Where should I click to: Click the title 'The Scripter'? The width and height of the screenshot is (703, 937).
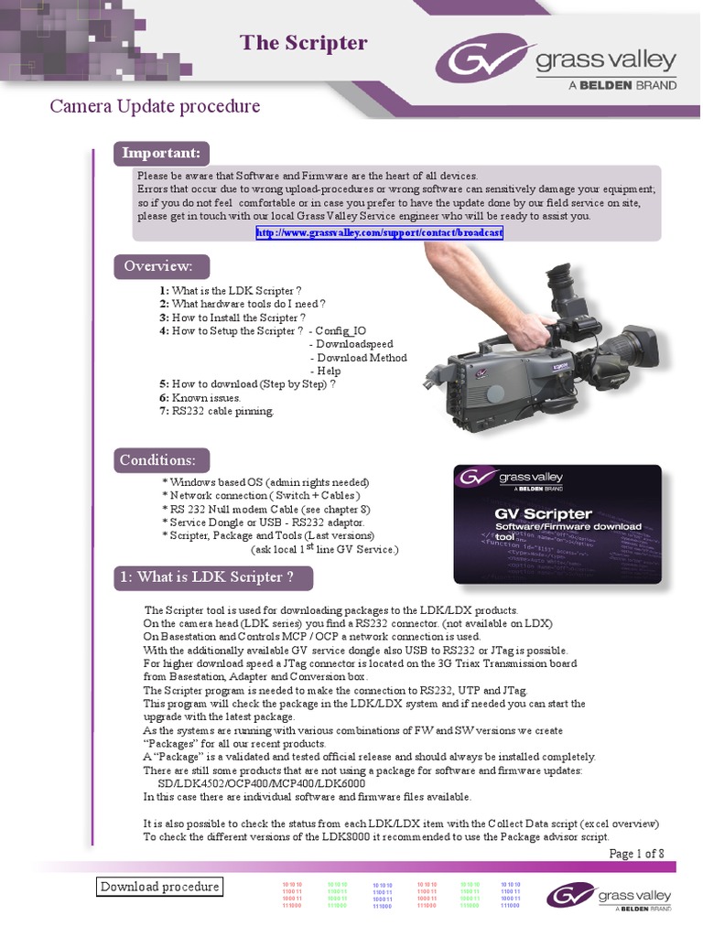point(303,42)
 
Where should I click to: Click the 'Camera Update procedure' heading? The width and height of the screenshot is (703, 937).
point(155,106)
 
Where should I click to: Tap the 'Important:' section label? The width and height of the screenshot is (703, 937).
point(161,153)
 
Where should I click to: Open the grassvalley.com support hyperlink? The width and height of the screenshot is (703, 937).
point(379,233)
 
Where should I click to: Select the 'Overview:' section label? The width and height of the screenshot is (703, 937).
point(158,266)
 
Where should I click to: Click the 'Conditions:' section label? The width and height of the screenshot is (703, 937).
point(158,459)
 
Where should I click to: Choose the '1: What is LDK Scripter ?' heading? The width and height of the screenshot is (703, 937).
point(214,577)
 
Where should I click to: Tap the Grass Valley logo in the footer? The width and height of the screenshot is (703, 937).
point(609,895)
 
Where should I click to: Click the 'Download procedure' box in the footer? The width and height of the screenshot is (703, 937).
point(159,887)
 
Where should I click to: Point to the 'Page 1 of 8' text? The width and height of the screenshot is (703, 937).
point(636,854)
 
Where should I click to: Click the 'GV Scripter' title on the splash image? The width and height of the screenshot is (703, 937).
point(543,513)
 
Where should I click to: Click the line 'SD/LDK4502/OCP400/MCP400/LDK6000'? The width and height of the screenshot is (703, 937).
point(262,784)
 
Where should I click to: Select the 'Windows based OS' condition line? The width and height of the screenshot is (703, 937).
point(265,482)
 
